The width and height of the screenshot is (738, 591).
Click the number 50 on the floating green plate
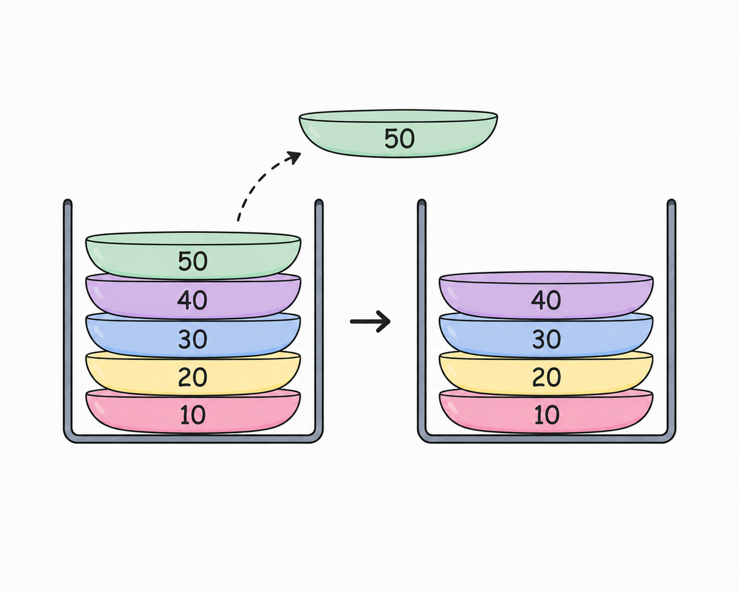(400, 139)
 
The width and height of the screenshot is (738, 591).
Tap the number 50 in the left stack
(193, 261)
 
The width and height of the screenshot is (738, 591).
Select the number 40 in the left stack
(192, 300)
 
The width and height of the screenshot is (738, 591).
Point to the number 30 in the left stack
(193, 339)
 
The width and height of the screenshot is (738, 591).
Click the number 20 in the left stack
(193, 377)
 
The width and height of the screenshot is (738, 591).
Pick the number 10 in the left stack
(193, 415)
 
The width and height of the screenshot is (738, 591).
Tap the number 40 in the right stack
(546, 300)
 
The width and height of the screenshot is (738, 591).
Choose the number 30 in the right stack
(546, 339)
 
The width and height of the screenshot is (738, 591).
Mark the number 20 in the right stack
(546, 377)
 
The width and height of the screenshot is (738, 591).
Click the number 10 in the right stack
(547, 415)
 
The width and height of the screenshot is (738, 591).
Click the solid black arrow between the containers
(370, 322)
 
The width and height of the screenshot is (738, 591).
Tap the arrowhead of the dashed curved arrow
(294, 157)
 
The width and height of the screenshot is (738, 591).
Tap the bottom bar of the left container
(193, 439)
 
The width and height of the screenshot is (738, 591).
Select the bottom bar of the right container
(546, 439)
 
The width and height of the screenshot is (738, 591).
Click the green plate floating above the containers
(398, 134)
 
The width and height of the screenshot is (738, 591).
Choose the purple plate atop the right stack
(546, 295)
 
